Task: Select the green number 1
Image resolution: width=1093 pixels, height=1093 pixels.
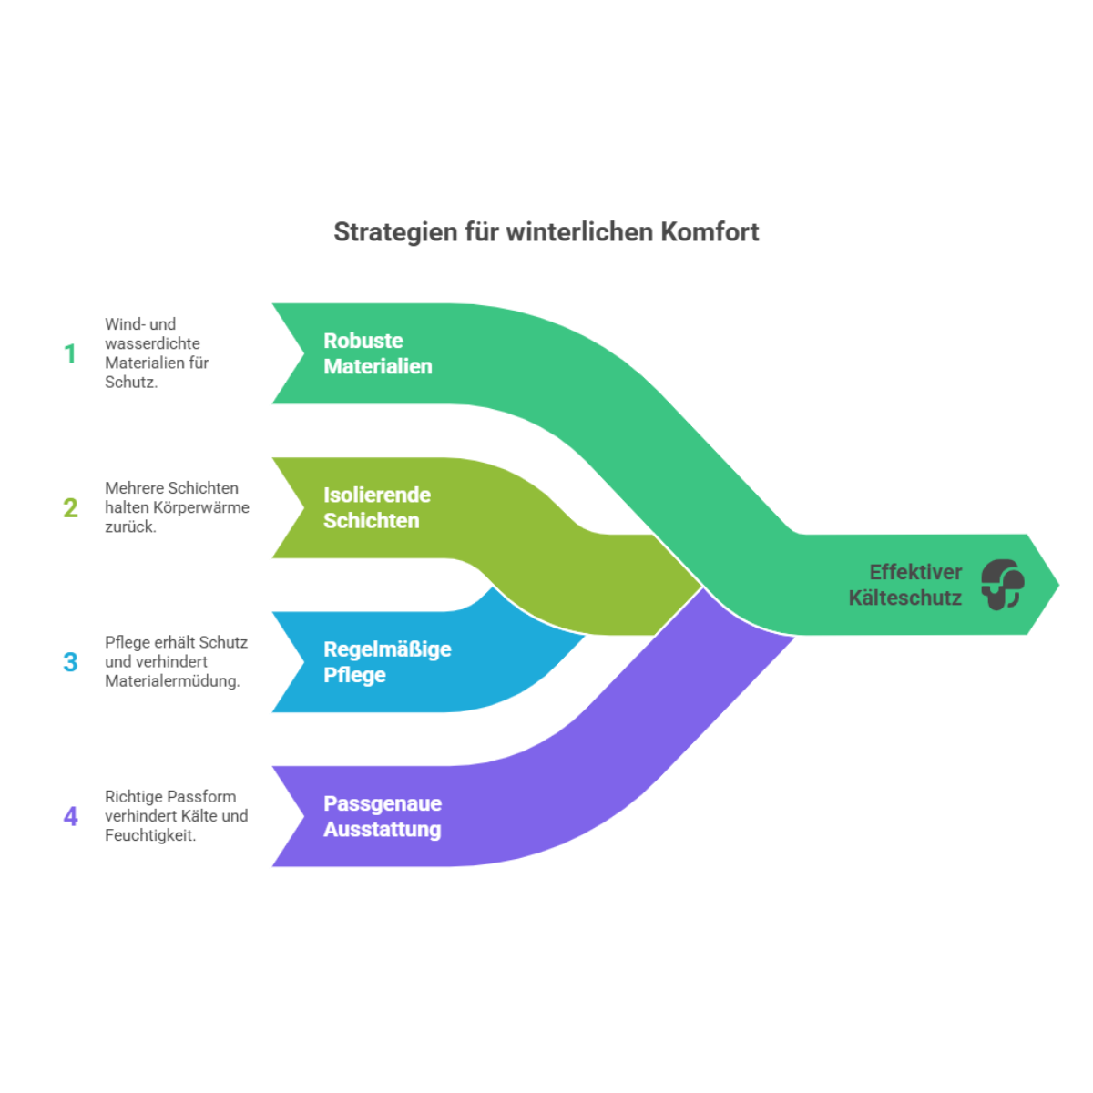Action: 70,353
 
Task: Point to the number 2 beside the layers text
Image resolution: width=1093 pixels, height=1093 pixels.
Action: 70,507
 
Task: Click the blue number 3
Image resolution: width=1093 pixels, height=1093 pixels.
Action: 70,662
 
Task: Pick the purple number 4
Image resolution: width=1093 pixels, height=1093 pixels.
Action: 70,816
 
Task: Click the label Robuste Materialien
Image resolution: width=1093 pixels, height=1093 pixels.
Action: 377,353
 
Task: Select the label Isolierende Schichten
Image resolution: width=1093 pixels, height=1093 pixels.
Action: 376,507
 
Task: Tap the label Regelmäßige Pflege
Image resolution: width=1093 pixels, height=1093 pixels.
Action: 387,662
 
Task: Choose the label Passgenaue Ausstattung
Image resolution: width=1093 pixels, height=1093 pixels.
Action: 383,816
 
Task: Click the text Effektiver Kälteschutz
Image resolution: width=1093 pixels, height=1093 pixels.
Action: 905,585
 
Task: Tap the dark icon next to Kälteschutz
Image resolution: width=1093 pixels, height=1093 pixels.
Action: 1002,585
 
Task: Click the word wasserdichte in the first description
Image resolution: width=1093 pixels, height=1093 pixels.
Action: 152,343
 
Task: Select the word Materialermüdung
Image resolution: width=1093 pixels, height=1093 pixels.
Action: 172,681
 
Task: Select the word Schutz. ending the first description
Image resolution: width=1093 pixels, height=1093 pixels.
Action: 131,383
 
